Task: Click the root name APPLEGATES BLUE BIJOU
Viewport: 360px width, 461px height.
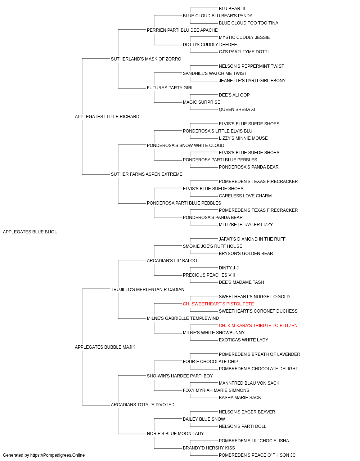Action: [x=30, y=232]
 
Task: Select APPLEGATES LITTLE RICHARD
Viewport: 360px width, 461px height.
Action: [x=107, y=116]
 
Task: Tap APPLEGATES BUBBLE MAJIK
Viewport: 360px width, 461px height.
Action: [x=105, y=347]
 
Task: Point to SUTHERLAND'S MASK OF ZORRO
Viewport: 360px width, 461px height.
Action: [x=146, y=59]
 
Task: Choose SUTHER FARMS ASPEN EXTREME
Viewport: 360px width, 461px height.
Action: [x=147, y=174]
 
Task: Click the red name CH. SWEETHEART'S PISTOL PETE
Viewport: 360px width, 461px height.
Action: [x=219, y=304]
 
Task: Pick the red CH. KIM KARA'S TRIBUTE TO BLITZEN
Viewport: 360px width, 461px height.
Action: [x=258, y=326]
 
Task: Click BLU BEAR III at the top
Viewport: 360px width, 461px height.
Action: [x=232, y=9]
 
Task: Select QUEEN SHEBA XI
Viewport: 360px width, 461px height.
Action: [x=237, y=109]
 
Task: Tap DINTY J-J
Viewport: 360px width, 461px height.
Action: [x=229, y=268]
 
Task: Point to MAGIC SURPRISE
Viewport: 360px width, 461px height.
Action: [x=201, y=102]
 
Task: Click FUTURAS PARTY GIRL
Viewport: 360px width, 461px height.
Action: [x=170, y=88]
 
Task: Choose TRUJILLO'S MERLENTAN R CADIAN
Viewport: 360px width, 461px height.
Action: [x=148, y=290]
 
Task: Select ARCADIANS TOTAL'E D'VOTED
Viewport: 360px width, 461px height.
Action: [x=143, y=405]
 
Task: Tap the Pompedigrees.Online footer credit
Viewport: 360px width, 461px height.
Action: [x=44, y=455]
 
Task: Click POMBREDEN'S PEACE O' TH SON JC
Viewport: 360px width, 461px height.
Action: [x=257, y=455]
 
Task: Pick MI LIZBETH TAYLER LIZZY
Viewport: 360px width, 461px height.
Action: [x=246, y=225]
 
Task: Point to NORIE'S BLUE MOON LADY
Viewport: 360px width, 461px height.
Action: [x=175, y=434]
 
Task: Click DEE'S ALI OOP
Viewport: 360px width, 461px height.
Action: [x=234, y=95]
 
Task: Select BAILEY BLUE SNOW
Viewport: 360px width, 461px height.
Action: [x=204, y=419]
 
